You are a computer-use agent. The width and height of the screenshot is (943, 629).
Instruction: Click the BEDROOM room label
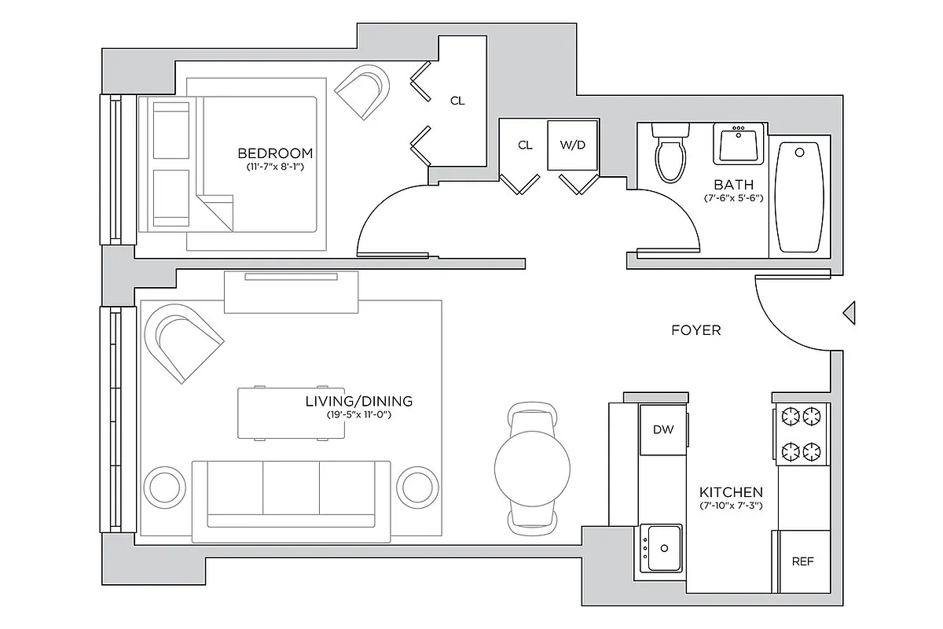coord(275,153)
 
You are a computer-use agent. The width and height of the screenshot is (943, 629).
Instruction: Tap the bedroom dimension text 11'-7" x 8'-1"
coord(275,167)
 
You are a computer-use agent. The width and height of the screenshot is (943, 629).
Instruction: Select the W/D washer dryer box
coord(573,145)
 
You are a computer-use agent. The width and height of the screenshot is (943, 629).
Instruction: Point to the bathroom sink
coord(738,144)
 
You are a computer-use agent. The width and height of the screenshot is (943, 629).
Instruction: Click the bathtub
coord(800,197)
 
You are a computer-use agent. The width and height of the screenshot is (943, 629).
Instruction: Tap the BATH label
coord(733,185)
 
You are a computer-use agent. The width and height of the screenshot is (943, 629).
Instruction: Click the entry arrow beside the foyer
coord(849,312)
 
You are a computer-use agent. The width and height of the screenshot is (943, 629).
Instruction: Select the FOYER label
coord(695,331)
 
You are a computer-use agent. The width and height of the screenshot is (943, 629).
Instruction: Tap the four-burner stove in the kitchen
coord(801,432)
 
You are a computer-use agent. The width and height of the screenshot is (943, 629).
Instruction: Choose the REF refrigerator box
coord(802,561)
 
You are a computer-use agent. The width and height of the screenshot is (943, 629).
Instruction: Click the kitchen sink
coord(661,547)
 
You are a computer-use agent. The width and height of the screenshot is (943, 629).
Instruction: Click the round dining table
coord(532,468)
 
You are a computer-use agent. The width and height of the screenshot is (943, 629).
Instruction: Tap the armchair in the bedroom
coord(363,90)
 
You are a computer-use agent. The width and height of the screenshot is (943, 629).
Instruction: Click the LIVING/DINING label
coord(358,401)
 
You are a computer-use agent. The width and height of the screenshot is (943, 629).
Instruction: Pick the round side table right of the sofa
coord(416,488)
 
